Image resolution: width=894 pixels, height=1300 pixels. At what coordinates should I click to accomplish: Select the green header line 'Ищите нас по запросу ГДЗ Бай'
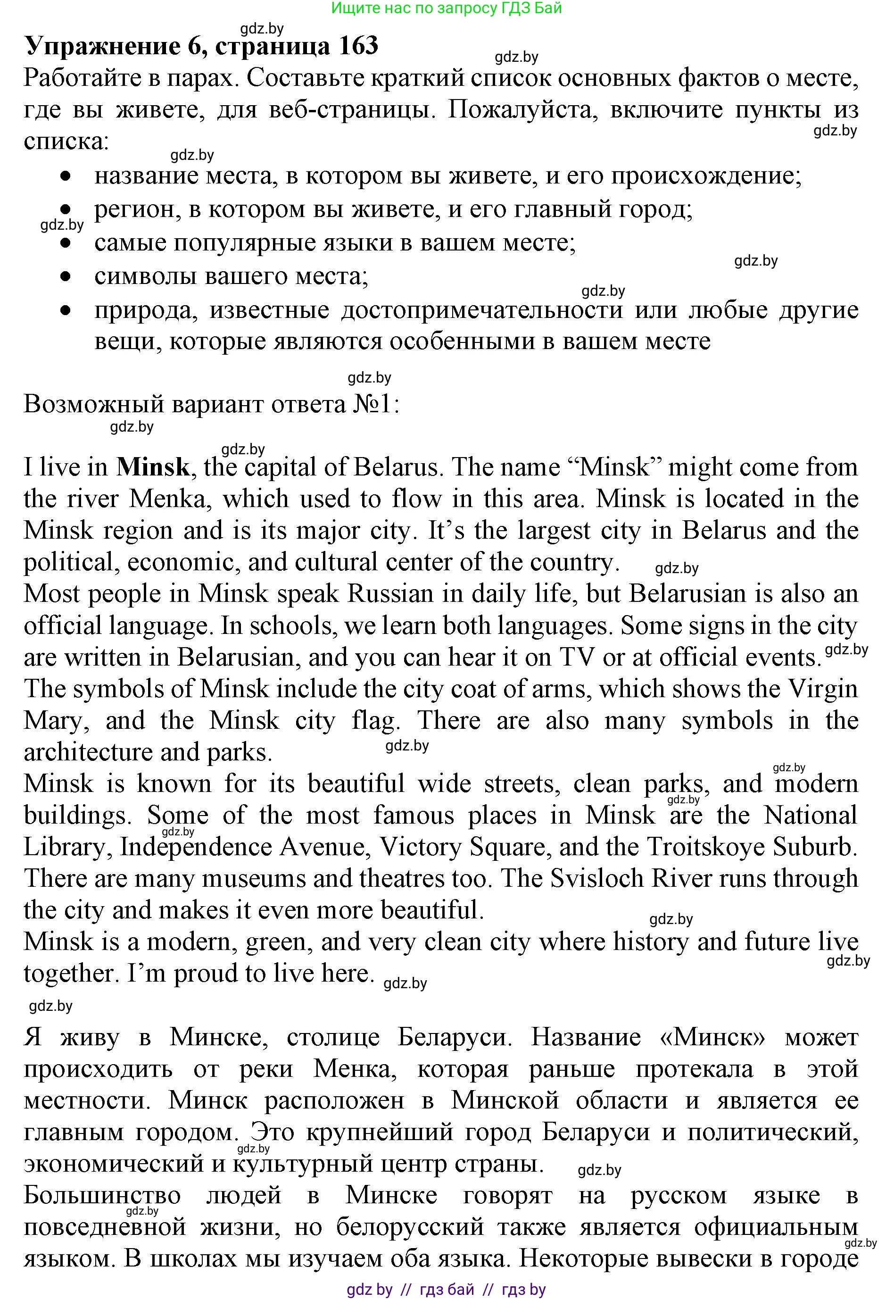pos(447,8)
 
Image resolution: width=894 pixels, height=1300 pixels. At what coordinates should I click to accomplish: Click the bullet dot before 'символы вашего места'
pos(66,276)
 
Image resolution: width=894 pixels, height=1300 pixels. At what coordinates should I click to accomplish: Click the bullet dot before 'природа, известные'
pos(66,309)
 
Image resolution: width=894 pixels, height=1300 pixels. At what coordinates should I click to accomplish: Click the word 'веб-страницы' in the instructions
pos(352,110)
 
